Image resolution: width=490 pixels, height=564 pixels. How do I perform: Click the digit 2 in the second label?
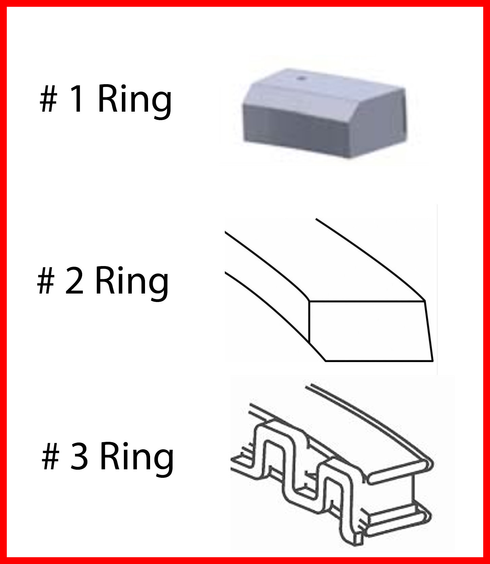[74, 281]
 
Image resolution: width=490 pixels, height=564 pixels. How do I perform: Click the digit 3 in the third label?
[79, 457]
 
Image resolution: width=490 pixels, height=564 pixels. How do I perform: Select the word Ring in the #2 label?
[132, 284]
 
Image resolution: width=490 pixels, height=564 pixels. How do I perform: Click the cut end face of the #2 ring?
[370, 331]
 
